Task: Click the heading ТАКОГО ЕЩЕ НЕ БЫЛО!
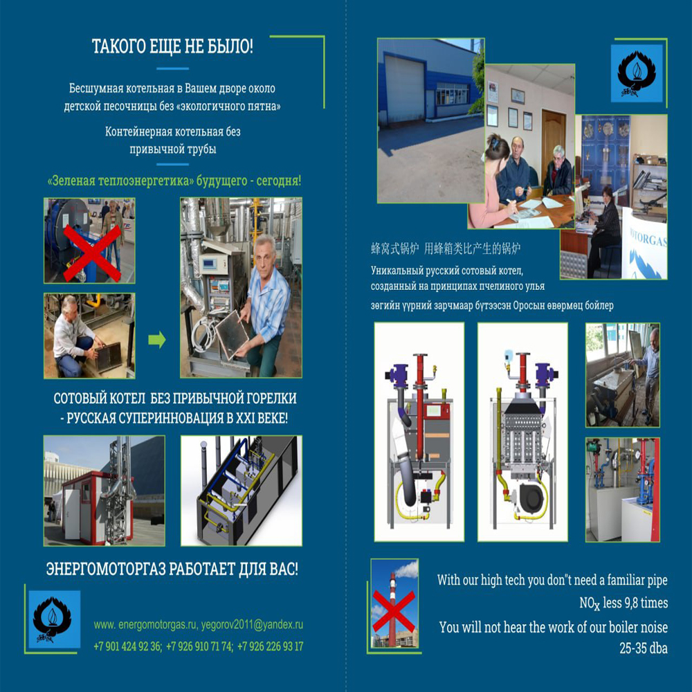click(x=172, y=46)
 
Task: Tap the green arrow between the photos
click(x=156, y=339)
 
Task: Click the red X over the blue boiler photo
click(x=92, y=253)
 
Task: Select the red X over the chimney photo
click(x=394, y=612)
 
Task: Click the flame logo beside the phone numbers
click(x=53, y=619)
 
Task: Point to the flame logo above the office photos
click(x=637, y=74)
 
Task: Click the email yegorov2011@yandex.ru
click(x=252, y=624)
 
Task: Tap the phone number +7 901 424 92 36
click(x=127, y=646)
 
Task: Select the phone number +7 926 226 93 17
click(x=270, y=646)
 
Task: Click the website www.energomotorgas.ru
click(x=145, y=625)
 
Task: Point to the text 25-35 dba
click(x=643, y=648)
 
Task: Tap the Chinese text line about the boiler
click(x=446, y=249)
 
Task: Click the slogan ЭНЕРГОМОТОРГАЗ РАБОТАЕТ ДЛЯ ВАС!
click(x=172, y=569)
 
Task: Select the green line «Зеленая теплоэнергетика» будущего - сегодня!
click(x=174, y=181)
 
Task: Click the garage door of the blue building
click(x=404, y=88)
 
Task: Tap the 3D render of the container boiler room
click(x=242, y=491)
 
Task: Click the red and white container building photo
click(x=104, y=491)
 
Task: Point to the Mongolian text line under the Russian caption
click(x=492, y=305)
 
